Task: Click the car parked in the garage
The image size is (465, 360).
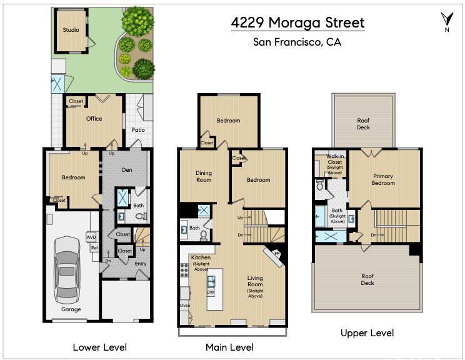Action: (67, 271)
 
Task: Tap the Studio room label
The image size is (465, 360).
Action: (71, 29)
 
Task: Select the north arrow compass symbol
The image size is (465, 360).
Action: (447, 21)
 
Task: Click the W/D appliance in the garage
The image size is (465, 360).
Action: (91, 237)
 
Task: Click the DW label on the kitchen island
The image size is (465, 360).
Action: (211, 292)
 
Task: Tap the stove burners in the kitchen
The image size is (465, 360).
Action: (184, 270)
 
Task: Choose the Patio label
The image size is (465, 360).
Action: (138, 130)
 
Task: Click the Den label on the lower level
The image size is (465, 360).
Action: (127, 170)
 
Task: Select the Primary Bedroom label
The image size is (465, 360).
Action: (383, 179)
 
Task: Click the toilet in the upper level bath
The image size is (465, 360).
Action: (320, 186)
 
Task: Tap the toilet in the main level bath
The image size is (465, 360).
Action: (204, 236)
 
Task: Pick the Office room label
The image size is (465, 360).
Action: (94, 119)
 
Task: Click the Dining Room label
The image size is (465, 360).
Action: (204, 176)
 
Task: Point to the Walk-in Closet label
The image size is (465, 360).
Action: (335, 159)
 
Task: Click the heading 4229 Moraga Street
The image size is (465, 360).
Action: (297, 23)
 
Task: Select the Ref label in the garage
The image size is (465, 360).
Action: (94, 247)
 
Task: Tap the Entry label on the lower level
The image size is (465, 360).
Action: (141, 264)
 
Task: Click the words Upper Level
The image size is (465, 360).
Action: (367, 333)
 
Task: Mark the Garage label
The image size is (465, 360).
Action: (71, 309)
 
